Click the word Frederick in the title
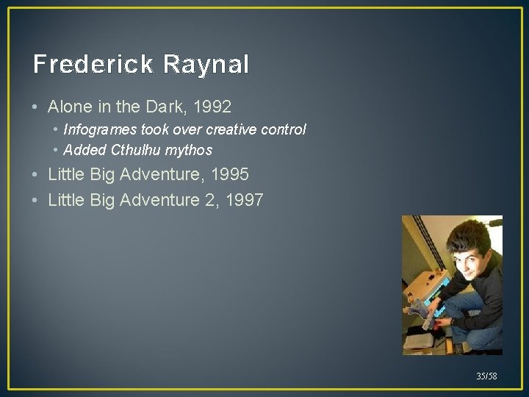pos(93,65)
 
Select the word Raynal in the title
pos(206,65)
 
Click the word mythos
pos(190,151)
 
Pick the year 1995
pos(228,175)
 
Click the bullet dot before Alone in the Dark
pos(36,107)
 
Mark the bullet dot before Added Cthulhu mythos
pos(56,151)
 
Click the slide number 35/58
pos(486,376)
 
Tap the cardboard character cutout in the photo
pos(431,309)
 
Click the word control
pos(282,130)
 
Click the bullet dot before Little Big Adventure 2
pos(36,199)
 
